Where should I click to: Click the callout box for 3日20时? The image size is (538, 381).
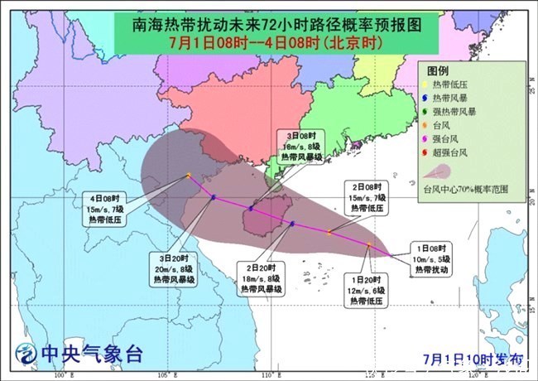[171, 269]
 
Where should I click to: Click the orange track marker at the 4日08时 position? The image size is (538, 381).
[189, 175]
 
